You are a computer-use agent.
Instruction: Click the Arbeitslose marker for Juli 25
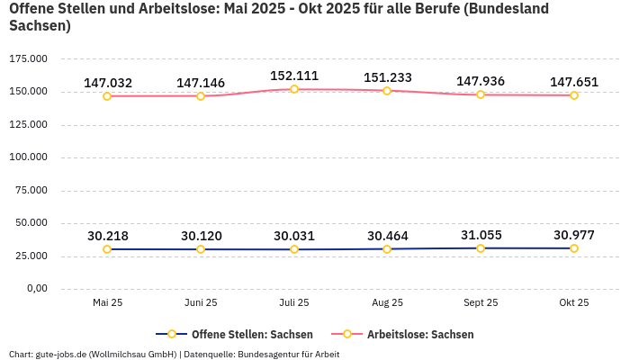tap(294, 89)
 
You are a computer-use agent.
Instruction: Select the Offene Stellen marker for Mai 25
tap(107, 249)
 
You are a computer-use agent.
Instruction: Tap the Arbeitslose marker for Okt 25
tap(574, 95)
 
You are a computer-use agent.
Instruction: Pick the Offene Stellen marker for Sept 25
tap(481, 248)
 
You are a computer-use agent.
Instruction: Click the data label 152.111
tap(294, 76)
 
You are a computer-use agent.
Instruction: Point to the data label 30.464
tap(387, 236)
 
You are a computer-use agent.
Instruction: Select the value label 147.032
tap(108, 83)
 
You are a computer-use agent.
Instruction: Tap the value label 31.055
tap(481, 235)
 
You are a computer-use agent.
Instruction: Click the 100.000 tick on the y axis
tap(27, 157)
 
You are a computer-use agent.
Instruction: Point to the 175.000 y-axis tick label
tap(27, 58)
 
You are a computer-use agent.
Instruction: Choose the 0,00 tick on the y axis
tap(35, 289)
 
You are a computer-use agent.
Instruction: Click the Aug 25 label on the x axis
tap(387, 303)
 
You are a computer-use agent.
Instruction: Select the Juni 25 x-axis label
tap(201, 303)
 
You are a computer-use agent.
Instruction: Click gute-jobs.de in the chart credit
tap(60, 354)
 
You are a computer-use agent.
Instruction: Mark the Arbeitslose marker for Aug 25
tap(387, 91)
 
